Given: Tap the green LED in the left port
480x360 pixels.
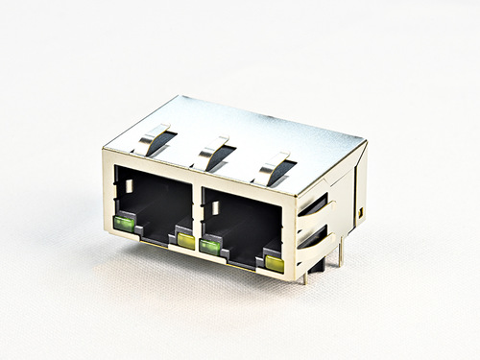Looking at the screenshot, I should point(124,226).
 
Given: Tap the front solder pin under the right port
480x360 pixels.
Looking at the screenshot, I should point(305,278).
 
